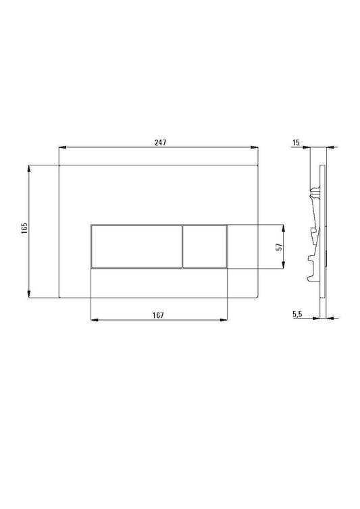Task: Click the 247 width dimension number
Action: tap(160, 142)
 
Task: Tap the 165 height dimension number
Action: tap(23, 228)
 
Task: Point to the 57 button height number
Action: tap(278, 246)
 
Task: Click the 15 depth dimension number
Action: tap(297, 142)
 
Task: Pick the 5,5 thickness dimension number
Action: tap(297, 314)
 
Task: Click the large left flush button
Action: tap(136, 246)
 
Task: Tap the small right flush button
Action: tap(205, 246)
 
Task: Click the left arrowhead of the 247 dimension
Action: tap(63, 148)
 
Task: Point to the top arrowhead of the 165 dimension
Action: tap(29, 167)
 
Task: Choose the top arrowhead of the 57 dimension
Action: tap(284, 227)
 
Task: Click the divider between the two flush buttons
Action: tap(182, 246)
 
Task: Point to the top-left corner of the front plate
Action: tap(59, 164)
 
